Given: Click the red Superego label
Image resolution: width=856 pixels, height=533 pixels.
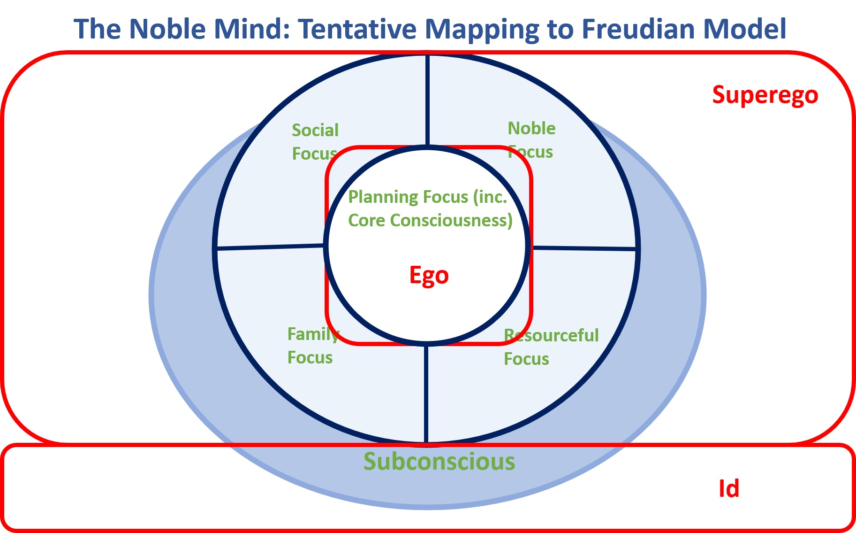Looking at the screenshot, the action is tap(765, 96).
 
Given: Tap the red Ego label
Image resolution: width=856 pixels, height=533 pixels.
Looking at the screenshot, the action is tap(429, 276).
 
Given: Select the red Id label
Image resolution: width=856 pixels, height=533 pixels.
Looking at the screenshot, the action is tap(729, 488).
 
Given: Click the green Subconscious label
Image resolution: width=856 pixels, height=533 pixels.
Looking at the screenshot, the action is tap(439, 461).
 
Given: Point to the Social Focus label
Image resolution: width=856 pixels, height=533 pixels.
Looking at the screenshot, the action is tap(315, 142).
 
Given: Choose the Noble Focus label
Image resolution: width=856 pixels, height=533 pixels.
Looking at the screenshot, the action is tap(531, 140).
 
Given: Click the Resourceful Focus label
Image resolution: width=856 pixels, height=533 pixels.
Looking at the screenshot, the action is tap(551, 347).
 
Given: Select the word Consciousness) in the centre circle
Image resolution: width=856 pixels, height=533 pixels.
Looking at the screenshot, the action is tap(451, 220).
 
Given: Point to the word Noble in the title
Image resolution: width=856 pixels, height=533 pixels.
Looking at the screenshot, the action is tap(167, 29).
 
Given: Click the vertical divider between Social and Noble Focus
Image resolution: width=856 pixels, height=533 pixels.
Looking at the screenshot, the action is tap(428, 100).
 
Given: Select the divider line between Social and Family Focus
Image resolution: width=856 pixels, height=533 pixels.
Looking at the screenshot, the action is tap(270, 247).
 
